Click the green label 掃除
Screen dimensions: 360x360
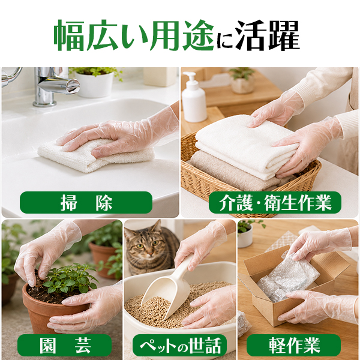[86, 203]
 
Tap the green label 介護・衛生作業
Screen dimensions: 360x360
[275, 203]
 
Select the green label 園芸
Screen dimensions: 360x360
[65, 345]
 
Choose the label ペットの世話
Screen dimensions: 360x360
[179, 345]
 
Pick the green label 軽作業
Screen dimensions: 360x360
[293, 345]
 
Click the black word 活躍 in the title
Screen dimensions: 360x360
[267, 35]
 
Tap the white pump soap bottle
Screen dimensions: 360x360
[194, 98]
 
